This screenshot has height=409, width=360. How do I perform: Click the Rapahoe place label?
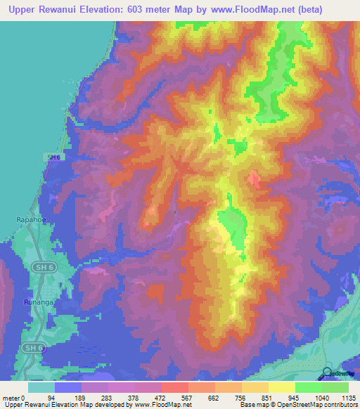[30, 220]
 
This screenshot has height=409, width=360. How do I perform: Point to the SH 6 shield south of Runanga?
[30, 347]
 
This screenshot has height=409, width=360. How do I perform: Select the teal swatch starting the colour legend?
[41, 387]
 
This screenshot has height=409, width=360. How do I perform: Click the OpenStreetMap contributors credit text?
[317, 405]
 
